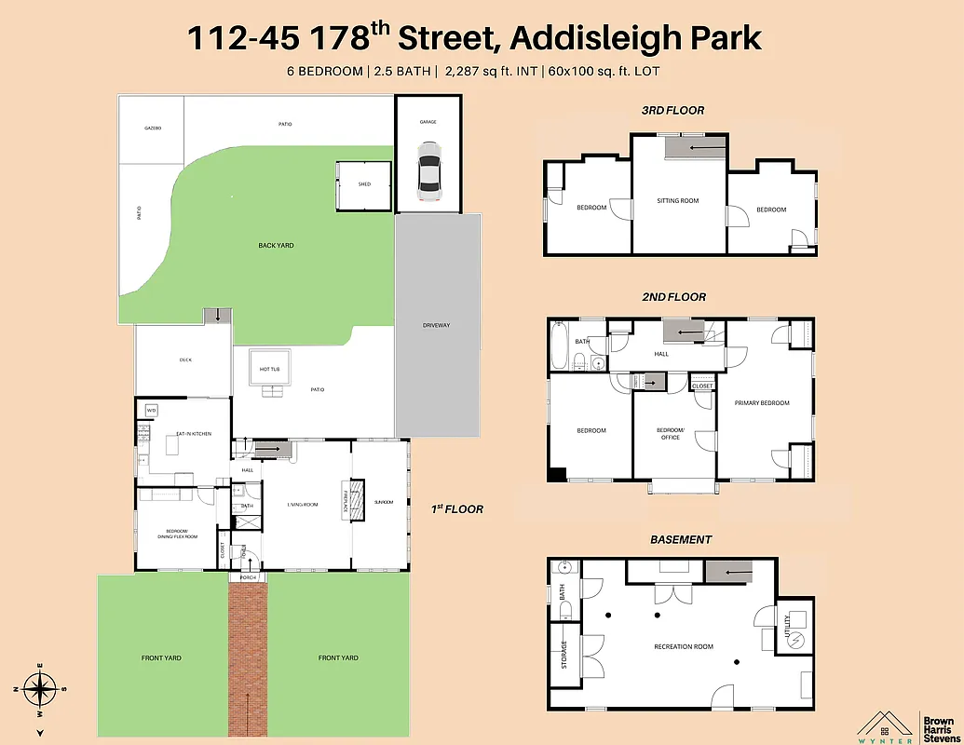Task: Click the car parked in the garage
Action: point(428,170)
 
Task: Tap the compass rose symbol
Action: point(38,691)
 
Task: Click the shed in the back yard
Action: point(364,184)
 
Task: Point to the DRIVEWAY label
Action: point(436,325)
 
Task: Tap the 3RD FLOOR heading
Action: point(672,110)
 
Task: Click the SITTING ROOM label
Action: point(677,201)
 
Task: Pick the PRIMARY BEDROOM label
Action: point(761,403)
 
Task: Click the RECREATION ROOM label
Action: point(684,646)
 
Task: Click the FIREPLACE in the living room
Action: point(346,502)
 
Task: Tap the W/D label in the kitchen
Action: point(152,410)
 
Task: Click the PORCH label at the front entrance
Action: point(248,577)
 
